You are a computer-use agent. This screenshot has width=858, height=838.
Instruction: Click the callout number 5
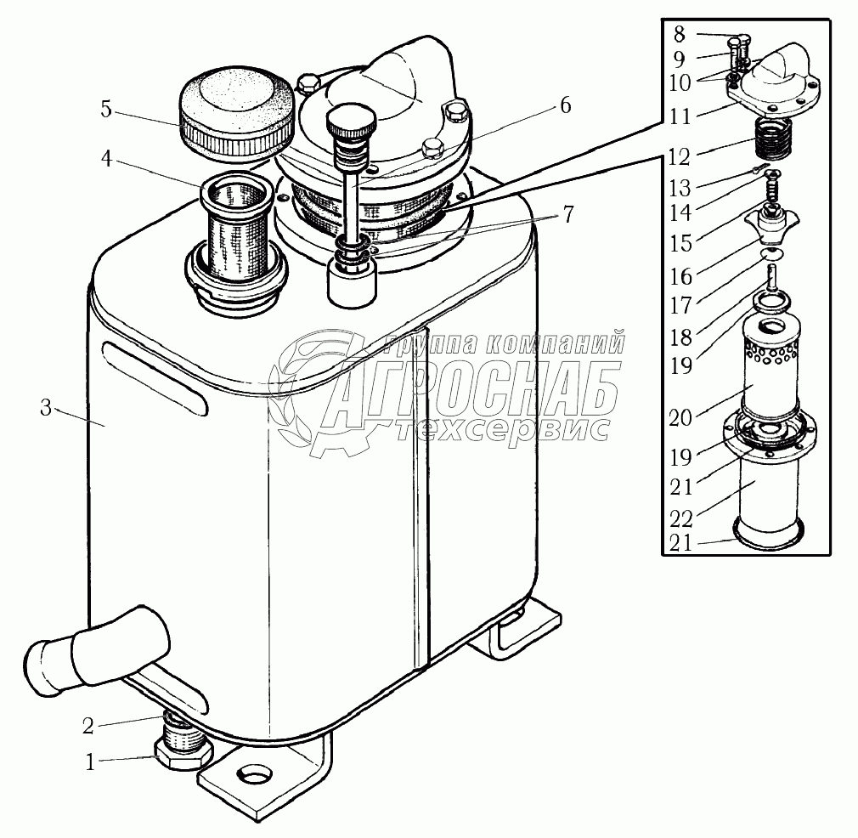(x=105, y=109)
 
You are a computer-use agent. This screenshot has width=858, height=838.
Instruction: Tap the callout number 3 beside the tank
(x=46, y=409)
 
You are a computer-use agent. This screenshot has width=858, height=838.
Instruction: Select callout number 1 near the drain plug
(x=91, y=762)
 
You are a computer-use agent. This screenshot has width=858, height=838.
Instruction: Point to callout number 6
(x=564, y=106)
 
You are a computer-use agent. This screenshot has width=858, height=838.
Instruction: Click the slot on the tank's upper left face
(x=154, y=377)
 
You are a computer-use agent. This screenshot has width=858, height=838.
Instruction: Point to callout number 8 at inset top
(x=679, y=35)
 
